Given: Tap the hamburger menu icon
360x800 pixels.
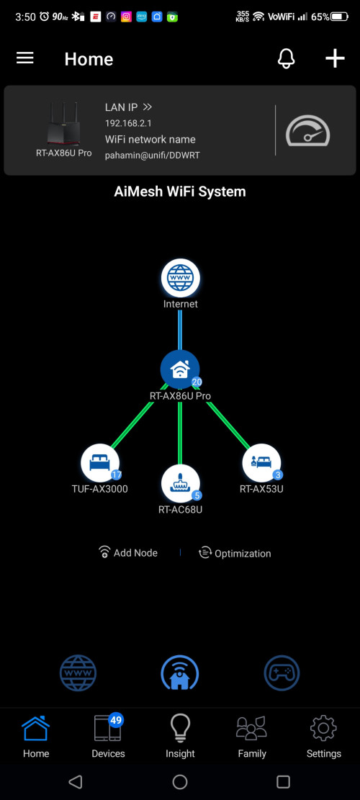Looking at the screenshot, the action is pos(25,58).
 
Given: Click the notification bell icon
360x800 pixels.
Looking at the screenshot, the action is pos(286,59).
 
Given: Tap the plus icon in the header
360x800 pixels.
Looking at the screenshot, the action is pos(335,58).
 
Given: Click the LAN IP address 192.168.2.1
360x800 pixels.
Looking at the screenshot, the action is pos(128,123).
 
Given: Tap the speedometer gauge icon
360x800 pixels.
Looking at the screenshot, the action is pos(307,130).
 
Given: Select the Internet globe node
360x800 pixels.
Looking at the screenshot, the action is pos(181,278).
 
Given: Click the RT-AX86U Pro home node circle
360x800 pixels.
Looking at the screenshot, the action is pos(180,369).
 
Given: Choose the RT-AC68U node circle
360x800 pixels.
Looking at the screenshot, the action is pos(181,483).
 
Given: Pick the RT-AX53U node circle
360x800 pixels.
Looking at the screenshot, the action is pos(261,463).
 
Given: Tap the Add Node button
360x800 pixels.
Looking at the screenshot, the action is pos(128,552).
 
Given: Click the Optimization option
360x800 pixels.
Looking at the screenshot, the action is pos(235,553).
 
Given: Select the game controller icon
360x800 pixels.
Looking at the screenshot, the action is pos(282,673).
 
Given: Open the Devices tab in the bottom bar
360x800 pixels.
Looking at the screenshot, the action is pos(108,736).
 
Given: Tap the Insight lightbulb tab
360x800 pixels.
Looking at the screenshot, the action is pos(180,736).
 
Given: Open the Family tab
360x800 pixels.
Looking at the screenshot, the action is pos(252,736).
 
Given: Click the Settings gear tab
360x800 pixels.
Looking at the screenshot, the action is pos(324,736).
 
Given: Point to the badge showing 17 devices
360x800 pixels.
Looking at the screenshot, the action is pos(116,475).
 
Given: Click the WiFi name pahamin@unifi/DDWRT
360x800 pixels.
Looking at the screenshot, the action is pos(153,155).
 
